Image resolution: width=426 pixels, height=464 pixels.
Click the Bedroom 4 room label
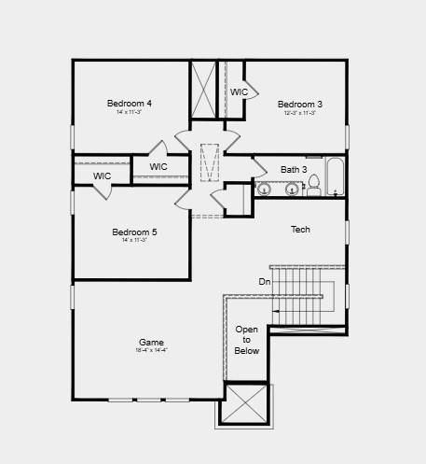[130, 103]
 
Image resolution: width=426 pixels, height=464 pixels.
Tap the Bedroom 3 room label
[300, 104]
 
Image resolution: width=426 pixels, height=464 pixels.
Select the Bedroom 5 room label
[134, 232]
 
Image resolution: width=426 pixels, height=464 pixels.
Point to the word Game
[151, 343]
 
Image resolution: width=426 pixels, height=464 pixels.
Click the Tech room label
[300, 229]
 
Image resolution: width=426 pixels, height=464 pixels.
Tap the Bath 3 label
[294, 169]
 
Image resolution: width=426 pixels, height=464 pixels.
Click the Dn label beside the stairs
[264, 281]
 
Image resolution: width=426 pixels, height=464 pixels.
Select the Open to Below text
[247, 340]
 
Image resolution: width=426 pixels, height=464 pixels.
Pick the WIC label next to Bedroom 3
[240, 92]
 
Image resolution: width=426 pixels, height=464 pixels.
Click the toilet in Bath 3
[314, 185]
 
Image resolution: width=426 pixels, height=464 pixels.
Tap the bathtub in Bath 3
[336, 177]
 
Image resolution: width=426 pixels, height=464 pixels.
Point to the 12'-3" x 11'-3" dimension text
[300, 113]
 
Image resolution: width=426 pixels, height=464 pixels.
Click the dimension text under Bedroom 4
[130, 112]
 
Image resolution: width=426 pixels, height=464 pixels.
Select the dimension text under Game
[151, 352]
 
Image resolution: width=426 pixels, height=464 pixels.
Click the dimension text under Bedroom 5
[134, 240]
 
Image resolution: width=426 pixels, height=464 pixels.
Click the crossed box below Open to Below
[246, 404]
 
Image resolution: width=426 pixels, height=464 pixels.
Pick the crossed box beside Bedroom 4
[203, 90]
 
